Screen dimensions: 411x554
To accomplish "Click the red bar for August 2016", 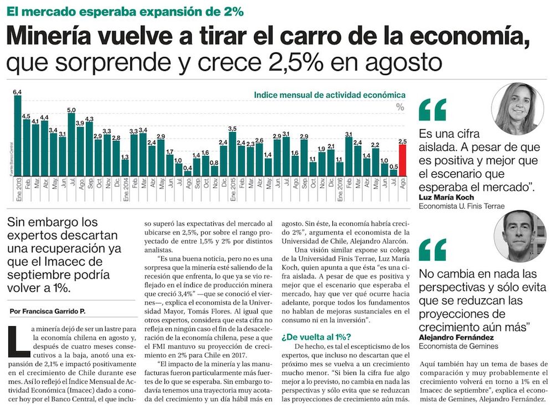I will (403, 160).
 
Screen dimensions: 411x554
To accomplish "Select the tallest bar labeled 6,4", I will (18, 136).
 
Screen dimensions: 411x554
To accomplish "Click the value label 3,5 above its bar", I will (233, 129).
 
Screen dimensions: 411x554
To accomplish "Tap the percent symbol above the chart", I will (400, 108).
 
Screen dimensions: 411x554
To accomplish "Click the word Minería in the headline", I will (48, 38).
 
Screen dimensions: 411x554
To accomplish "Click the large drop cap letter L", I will (18, 338).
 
